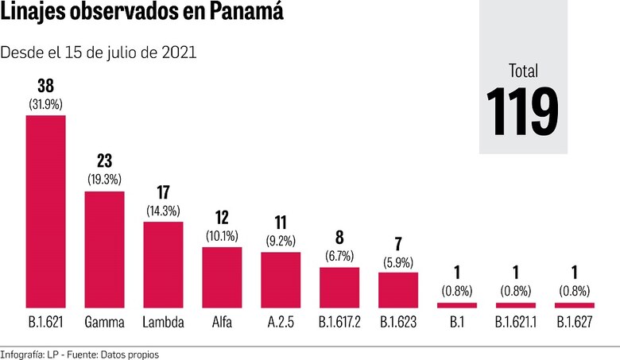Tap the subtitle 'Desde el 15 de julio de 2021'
tap(99, 52)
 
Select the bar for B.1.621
tap(46, 211)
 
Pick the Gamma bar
tap(105, 249)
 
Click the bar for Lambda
tap(164, 265)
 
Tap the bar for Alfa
tap(223, 277)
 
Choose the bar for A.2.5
tap(281, 280)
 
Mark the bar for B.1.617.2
tap(339, 287)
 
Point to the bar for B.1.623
tap(398, 290)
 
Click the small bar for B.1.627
tap(574, 305)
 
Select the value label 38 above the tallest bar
tap(46, 85)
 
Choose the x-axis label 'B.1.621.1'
tap(515, 323)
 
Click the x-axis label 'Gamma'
tap(105, 323)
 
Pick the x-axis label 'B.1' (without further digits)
tap(456, 323)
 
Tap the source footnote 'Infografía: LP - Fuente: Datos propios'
tap(79, 354)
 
